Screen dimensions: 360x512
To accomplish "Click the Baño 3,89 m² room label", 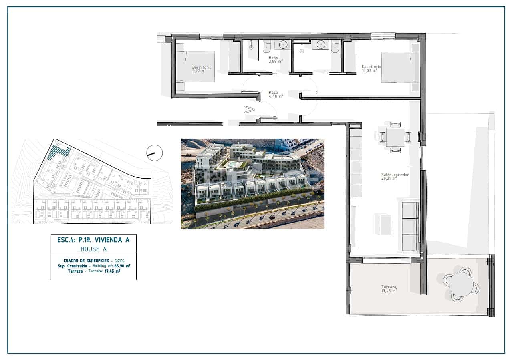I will click(x=276, y=60).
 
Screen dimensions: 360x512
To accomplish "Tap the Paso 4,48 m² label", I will click(x=276, y=94).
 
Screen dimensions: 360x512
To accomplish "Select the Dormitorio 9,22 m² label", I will click(x=201, y=69).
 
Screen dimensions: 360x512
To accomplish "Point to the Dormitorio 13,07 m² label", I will click(x=371, y=68).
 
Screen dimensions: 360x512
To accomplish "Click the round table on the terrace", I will click(x=461, y=284).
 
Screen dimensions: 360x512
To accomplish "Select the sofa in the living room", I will click(x=410, y=226).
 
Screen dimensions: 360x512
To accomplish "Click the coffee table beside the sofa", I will click(x=385, y=225).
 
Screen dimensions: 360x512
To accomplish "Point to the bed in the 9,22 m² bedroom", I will click(x=196, y=67).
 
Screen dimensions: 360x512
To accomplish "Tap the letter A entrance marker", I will click(x=250, y=109).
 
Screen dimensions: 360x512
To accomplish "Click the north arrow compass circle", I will click(x=155, y=153).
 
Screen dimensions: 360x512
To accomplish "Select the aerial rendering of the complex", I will click(x=252, y=183).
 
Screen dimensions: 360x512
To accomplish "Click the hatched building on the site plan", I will click(x=58, y=152).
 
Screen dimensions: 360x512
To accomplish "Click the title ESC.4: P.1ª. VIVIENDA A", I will click(x=93, y=240).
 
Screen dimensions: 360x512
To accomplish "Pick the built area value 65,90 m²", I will click(x=122, y=266).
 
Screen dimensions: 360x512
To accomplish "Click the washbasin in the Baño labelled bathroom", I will click(x=284, y=44).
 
